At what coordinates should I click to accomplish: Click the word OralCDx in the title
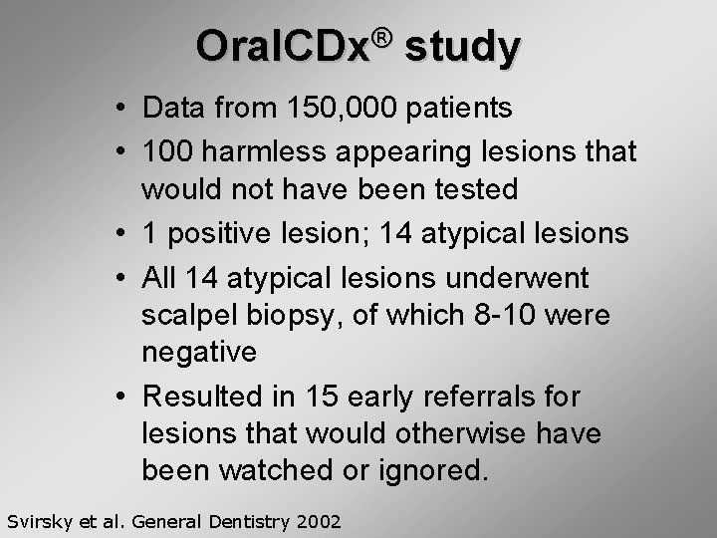tap(283, 46)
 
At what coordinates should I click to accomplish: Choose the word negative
tap(199, 352)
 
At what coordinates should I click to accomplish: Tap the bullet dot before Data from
tap(119, 108)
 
